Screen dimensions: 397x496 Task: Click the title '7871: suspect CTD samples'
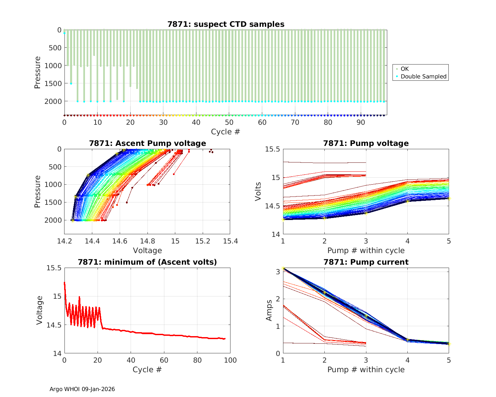(226, 24)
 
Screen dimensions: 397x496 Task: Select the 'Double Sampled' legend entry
(423, 76)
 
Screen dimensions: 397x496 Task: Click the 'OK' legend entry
(404, 69)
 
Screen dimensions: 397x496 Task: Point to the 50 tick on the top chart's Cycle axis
(229, 122)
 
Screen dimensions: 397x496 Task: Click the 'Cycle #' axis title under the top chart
(226, 132)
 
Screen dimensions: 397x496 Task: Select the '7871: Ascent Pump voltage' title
(147, 143)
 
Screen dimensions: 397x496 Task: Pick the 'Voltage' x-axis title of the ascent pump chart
(147, 250)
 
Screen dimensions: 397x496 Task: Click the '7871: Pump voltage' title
(366, 143)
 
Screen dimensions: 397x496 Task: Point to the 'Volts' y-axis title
(258, 192)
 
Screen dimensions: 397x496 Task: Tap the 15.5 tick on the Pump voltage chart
(272, 149)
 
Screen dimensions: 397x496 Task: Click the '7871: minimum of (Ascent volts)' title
(147, 262)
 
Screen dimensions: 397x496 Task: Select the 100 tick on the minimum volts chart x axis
(230, 360)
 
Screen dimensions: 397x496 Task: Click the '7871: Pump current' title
(366, 262)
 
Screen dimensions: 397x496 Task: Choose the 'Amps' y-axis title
(269, 310)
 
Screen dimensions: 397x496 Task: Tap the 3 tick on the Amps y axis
(277, 272)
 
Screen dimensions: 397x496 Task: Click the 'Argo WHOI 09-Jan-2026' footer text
(82, 389)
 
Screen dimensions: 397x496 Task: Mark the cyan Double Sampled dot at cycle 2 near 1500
(71, 84)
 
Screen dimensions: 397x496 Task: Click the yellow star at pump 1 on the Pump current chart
(283, 268)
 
